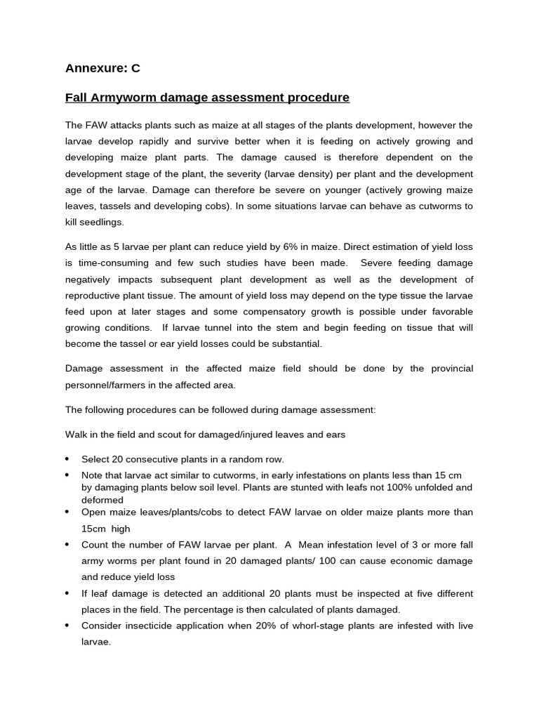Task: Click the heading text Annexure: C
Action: tap(102, 68)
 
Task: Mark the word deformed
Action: tap(102, 501)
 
